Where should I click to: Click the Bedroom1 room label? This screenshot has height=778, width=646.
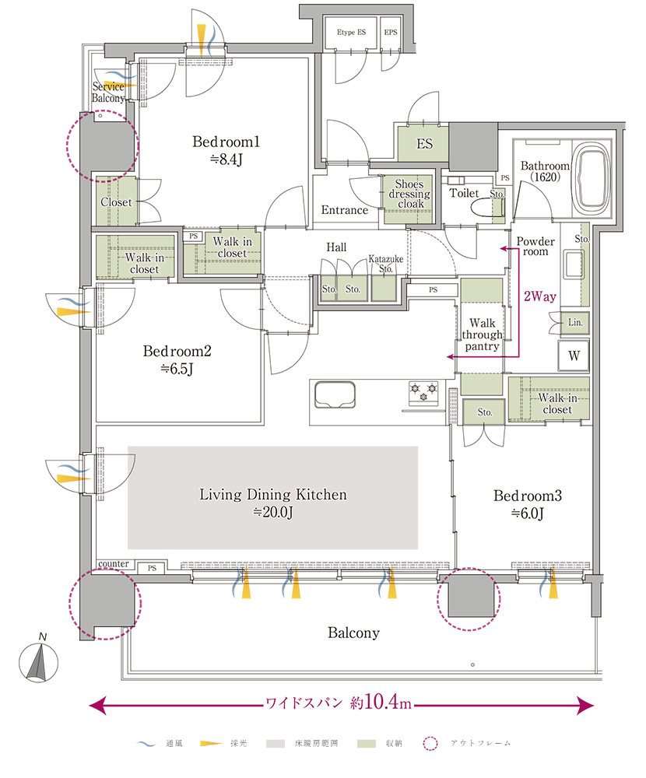[x=226, y=150]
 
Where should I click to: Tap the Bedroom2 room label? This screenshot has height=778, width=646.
[x=177, y=359]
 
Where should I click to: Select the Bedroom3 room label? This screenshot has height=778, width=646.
[x=528, y=503]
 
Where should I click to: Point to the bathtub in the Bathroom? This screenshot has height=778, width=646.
[x=592, y=177]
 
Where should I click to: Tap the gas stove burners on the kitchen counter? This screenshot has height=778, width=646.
[x=423, y=391]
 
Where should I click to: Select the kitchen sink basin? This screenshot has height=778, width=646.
[x=335, y=394]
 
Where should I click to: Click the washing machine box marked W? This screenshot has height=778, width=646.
[x=574, y=356]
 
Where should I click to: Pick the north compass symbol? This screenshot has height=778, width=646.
[x=39, y=660]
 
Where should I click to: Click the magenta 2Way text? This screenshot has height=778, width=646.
[x=539, y=296]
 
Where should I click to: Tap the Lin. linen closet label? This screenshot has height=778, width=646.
[x=575, y=323]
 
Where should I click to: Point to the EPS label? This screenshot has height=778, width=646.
[x=391, y=32]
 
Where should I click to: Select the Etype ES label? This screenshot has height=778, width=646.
[x=351, y=32]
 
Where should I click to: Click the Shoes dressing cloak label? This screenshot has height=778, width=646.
[x=409, y=194]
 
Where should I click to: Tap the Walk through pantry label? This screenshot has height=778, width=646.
[x=482, y=335]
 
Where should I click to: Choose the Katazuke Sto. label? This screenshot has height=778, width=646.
[x=386, y=264]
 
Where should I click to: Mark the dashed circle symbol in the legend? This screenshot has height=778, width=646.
[x=430, y=743]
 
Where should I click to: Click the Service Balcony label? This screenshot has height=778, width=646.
[x=108, y=93]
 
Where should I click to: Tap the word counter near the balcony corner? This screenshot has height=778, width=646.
[x=114, y=563]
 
